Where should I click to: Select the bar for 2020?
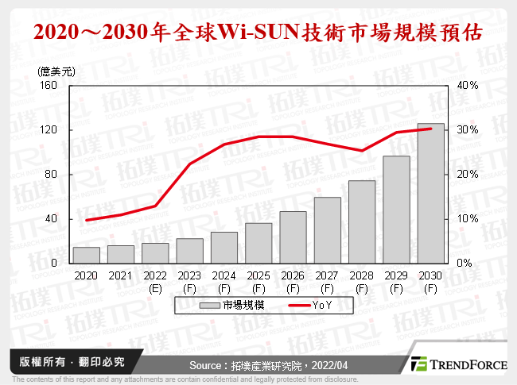(x=86, y=255)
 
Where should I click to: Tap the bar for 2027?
(x=327, y=230)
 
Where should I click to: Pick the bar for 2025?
(x=258, y=243)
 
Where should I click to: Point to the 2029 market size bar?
(x=396, y=210)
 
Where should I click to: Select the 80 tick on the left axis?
(x=62, y=174)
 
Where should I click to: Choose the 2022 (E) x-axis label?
(x=155, y=280)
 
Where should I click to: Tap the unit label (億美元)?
(x=56, y=71)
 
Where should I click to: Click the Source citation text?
(x=267, y=364)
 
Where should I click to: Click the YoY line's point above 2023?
(x=189, y=164)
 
